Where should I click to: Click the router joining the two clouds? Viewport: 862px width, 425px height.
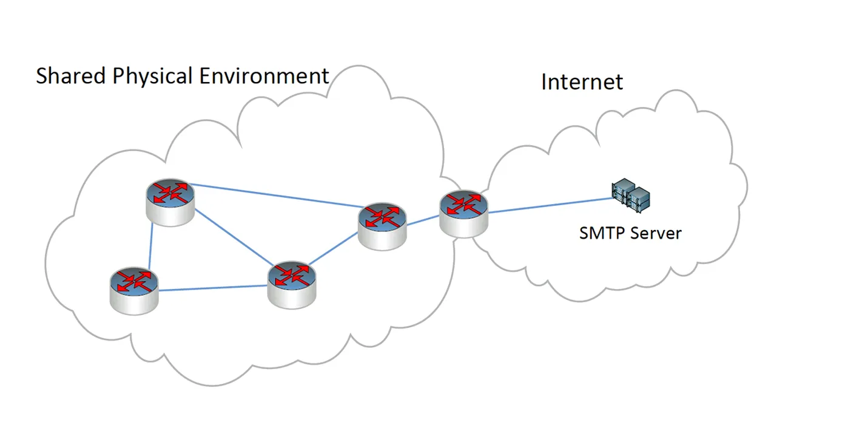pos(463,214)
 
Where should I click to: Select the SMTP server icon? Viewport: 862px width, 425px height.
pos(631,195)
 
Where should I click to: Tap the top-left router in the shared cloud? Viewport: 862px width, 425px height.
pos(170,202)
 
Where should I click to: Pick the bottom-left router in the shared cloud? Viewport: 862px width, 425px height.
pos(134,291)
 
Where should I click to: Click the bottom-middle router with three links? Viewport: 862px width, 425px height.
pos(292,285)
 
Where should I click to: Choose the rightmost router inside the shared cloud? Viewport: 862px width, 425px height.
pos(382,226)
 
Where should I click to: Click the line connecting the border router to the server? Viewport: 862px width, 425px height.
pos(550,205)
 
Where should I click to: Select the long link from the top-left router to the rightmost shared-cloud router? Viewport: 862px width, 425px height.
pos(276,195)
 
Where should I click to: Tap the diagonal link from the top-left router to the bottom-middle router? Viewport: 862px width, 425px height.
pos(234,237)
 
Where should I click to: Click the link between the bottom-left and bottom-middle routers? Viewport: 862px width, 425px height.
pos(213,288)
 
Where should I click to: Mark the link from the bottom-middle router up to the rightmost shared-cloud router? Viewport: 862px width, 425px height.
pos(333,248)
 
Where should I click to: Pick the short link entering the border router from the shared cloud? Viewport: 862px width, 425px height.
pos(423,220)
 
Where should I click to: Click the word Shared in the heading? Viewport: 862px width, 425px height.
pos(71,76)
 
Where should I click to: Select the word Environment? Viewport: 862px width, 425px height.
pos(264,76)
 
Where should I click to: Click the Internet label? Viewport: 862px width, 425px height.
pos(582,82)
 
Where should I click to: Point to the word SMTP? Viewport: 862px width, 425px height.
pos(602,233)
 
